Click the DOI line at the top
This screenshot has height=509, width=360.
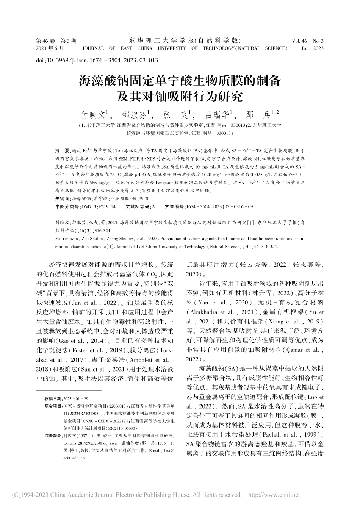pos(97,60)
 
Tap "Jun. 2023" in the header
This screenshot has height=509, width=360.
pos(312,48)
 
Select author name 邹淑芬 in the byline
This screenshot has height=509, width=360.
pos(135,114)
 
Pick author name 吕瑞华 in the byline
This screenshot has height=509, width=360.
pos(217,114)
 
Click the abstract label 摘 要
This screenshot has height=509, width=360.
pos(62,150)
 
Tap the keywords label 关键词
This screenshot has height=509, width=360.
pos(63,198)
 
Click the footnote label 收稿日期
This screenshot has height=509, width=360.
pos(53,399)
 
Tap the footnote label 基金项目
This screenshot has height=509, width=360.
pos(53,406)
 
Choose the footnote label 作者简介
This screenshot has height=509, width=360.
pos(53,436)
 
